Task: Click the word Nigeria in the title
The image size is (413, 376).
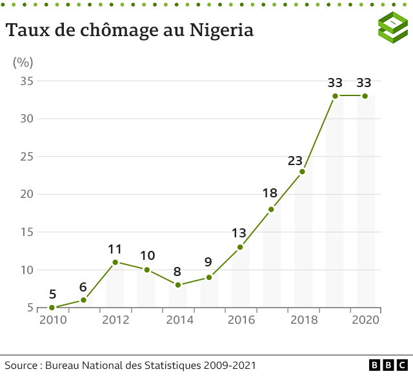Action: [x=221, y=30]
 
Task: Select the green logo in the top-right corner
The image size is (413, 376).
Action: [x=392, y=28]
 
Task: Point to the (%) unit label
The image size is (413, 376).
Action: [x=23, y=63]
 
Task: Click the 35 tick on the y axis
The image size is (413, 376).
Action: [x=26, y=81]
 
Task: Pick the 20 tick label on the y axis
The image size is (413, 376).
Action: [x=26, y=194]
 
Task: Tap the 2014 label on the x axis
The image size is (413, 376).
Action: [x=177, y=320]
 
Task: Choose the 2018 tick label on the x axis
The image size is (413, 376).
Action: [x=303, y=320]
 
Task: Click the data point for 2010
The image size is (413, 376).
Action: [x=52, y=308]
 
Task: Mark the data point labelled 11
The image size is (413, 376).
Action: [x=115, y=262]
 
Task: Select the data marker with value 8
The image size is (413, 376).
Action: [x=177, y=285]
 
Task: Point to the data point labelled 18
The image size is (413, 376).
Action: [x=271, y=210]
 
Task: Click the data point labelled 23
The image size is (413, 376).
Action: [x=302, y=172]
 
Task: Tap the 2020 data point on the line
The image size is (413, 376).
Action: [x=365, y=96]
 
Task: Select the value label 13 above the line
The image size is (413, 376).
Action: [x=239, y=233]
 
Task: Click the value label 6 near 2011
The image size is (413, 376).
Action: [x=83, y=287]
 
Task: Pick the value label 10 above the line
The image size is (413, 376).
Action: [x=146, y=255]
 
